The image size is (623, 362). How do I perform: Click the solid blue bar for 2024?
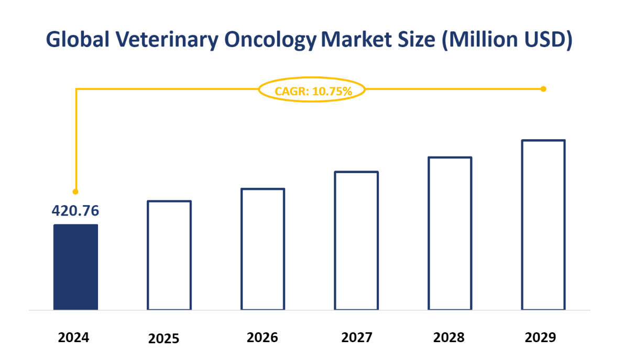(75, 267)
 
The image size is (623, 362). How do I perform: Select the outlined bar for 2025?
(169, 255)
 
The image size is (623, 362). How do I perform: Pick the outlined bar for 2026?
(263, 249)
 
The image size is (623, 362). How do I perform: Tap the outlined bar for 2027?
(356, 241)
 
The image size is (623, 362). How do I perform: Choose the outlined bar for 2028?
(450, 233)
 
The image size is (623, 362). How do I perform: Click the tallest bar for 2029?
(543, 225)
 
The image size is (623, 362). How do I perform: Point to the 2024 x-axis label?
(73, 337)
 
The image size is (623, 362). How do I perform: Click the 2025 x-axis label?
(163, 338)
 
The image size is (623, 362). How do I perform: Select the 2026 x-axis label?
(262, 337)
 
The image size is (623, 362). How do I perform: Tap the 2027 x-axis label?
(356, 337)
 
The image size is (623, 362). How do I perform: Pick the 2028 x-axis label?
(449, 337)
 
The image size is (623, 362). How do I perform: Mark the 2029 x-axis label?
(540, 337)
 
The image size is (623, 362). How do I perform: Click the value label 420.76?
(75, 210)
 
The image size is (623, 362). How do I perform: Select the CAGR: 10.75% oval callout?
(312, 90)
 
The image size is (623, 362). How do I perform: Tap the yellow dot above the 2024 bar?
(75, 191)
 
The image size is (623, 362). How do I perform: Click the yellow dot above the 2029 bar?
(543, 89)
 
